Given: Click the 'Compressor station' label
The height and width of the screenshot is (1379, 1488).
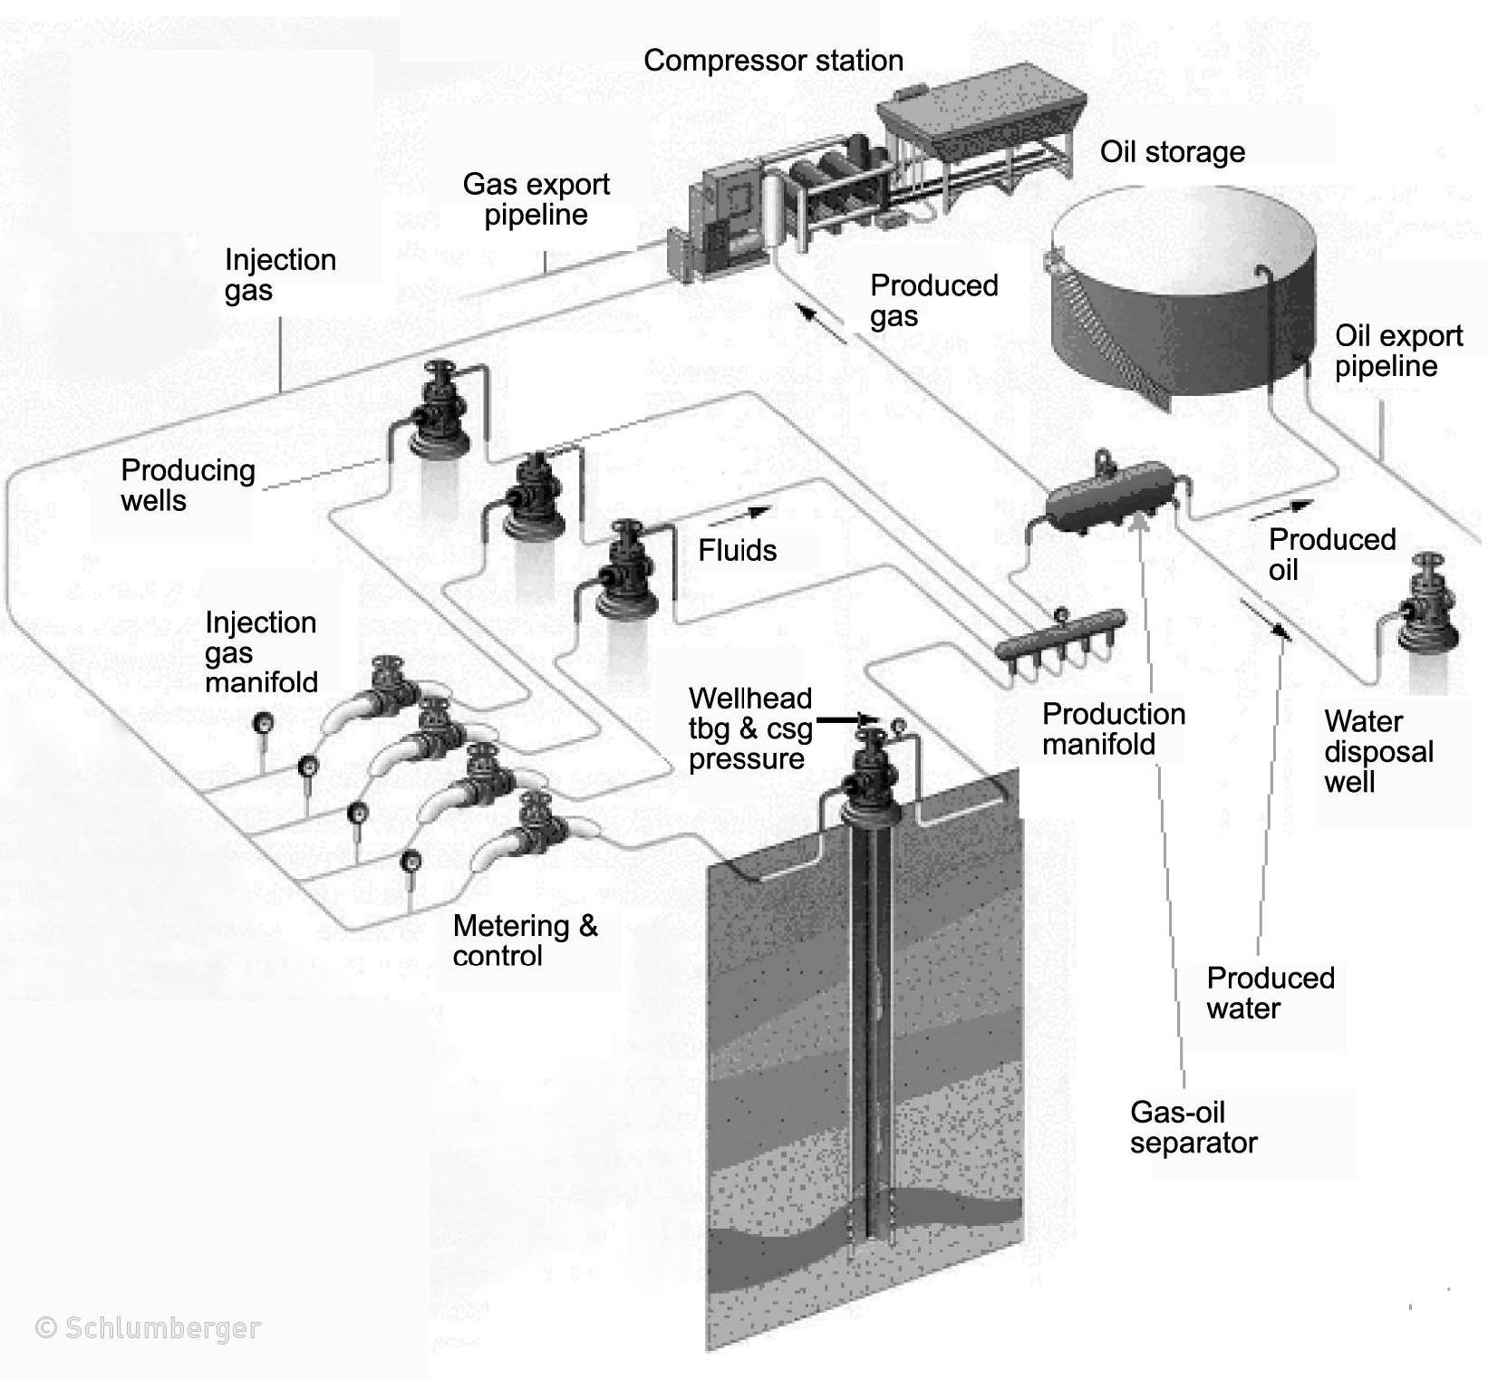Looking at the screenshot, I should point(773,61).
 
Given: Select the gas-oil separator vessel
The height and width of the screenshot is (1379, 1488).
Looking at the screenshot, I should point(1109,498).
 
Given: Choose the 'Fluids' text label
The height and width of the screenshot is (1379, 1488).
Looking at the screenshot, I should point(737,550).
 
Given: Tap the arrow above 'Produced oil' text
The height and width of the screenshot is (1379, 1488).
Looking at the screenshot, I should point(1280,510).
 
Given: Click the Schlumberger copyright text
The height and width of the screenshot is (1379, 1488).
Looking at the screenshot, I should point(148,1328).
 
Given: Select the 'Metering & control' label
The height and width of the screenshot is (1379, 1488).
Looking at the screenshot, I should point(525,940).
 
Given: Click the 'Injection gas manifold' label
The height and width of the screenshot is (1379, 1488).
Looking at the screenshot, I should point(261,652).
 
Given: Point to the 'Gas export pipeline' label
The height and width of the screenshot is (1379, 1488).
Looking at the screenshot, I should point(536,199).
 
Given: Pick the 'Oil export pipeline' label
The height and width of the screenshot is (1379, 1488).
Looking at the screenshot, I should point(1398,351).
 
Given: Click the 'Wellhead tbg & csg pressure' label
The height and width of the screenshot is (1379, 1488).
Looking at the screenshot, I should point(749,728).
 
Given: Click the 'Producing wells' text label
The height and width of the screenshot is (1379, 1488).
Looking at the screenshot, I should point(188,485).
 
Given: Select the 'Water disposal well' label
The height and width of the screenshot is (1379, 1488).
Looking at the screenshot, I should point(1378,751).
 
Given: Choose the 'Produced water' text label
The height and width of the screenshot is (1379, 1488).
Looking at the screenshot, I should point(1270,993).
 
